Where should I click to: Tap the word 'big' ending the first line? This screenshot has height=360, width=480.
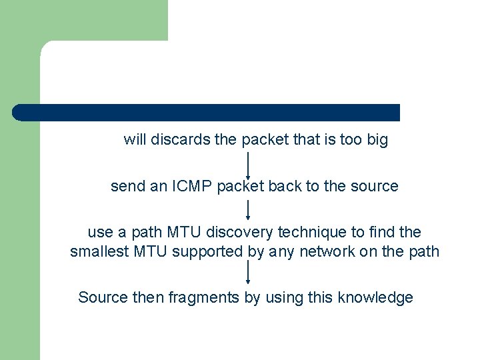point(377,141)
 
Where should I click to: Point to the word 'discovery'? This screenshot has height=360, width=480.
point(235,233)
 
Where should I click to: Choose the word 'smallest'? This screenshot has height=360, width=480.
point(99,251)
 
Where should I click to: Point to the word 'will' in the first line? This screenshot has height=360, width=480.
point(135,141)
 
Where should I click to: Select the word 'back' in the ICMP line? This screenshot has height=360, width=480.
point(285,187)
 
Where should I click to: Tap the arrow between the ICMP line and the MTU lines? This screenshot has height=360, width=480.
point(248,210)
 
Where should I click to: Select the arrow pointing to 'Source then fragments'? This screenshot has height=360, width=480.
point(248,273)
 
